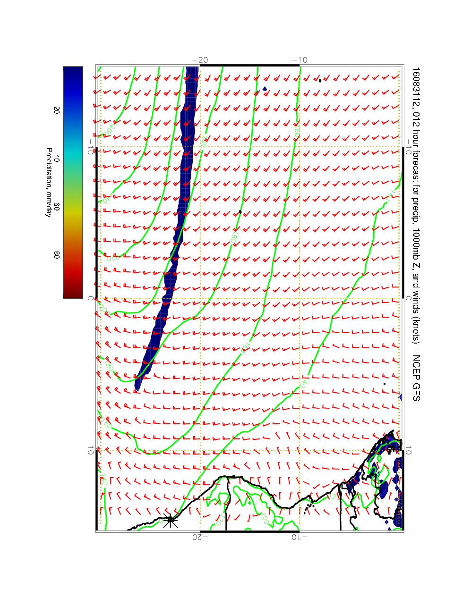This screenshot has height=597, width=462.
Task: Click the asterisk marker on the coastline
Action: [171, 520]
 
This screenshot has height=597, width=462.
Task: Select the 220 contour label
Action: [111, 258]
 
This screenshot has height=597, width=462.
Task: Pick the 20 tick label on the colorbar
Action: [57, 109]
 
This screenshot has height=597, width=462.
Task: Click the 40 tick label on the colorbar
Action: [57, 159]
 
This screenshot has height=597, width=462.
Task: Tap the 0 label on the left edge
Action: [90, 298]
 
